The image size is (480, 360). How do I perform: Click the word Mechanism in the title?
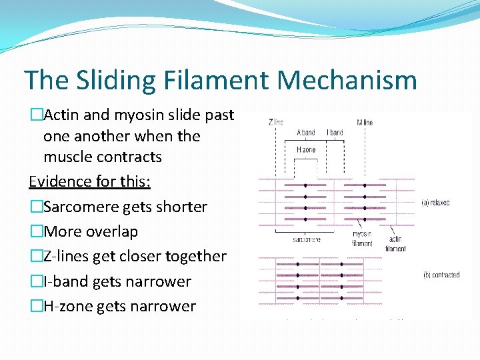pyautogui.click(x=347, y=80)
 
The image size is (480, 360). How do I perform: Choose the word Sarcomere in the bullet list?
pyautogui.click(x=80, y=207)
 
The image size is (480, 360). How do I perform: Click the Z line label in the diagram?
pyautogui.click(x=275, y=122)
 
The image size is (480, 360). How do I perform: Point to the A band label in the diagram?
pyautogui.click(x=306, y=133)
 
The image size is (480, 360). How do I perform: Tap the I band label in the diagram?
pyautogui.click(x=335, y=133)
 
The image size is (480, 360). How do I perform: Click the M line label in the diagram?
pyautogui.click(x=365, y=122)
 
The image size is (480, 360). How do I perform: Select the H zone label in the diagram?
pyautogui.click(x=306, y=150)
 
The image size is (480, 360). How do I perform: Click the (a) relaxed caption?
pyautogui.click(x=436, y=203)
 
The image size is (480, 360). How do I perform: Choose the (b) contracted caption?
pyautogui.click(x=441, y=275)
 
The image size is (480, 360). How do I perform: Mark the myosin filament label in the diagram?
pyautogui.click(x=362, y=239)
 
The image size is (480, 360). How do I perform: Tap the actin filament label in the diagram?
pyautogui.click(x=395, y=244)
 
